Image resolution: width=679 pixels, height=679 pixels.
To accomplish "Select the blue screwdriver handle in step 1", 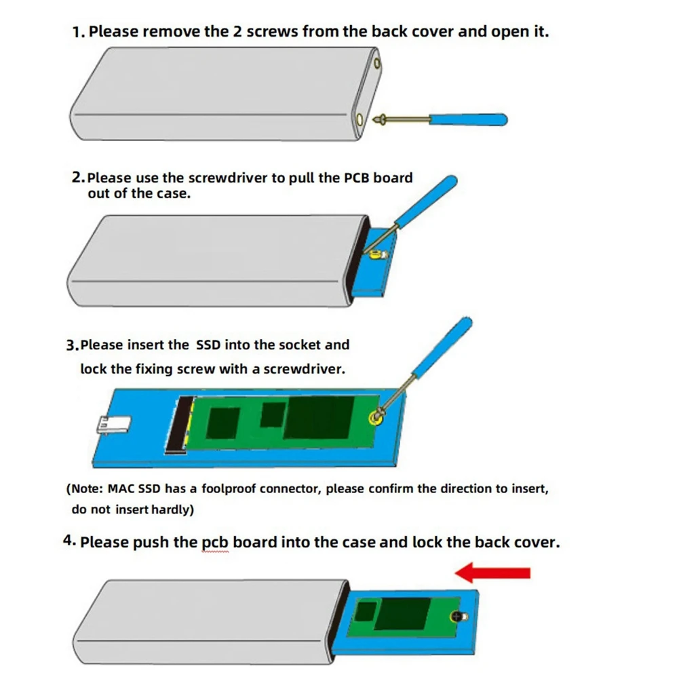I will [x=469, y=119].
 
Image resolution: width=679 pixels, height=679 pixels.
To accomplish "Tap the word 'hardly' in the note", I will [x=172, y=509].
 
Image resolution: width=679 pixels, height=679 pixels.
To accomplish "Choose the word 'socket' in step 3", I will [x=298, y=345].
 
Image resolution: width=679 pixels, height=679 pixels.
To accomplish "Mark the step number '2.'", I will [x=78, y=178].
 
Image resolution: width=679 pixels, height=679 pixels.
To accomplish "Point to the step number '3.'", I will [x=73, y=345].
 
